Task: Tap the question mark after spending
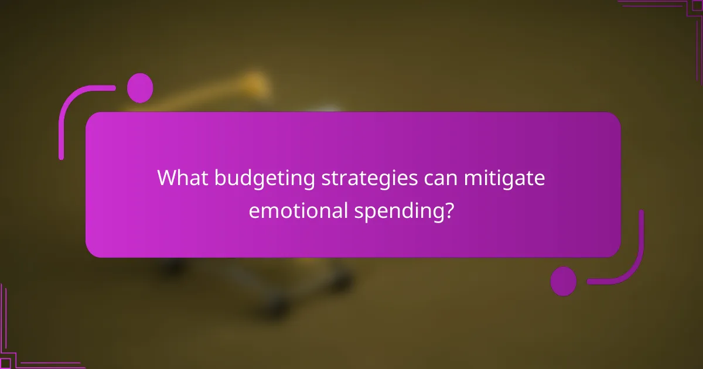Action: (448, 210)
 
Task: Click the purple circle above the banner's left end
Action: (140, 88)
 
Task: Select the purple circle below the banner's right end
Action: (564, 281)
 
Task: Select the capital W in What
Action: (166, 178)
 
